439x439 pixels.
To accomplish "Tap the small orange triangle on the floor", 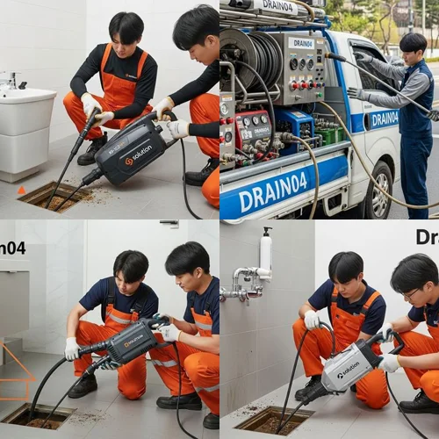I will (21, 190).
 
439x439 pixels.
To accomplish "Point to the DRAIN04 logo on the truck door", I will (383, 119).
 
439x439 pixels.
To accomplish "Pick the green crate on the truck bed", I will (328, 137).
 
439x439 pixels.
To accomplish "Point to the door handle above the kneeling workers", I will (169, 225).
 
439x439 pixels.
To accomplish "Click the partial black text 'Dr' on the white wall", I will (427, 238).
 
